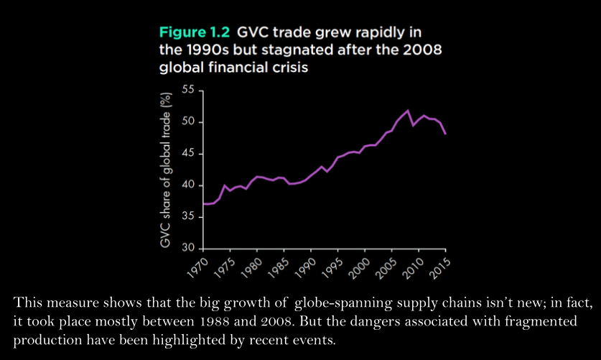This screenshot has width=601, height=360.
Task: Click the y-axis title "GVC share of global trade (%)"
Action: click(x=168, y=170)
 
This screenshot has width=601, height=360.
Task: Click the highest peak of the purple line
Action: click(x=409, y=110)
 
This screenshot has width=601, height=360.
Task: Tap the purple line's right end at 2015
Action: click(x=445, y=134)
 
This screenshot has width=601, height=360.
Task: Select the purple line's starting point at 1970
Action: click(x=205, y=204)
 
